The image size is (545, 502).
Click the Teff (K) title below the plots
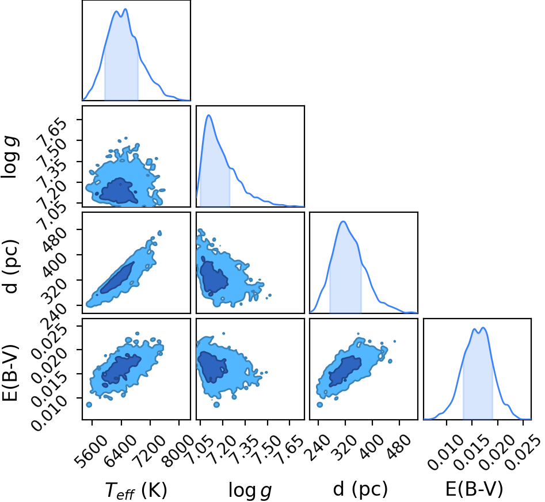click(x=136, y=490)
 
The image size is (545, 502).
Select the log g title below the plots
click(x=250, y=490)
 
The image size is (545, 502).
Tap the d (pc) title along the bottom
click(x=360, y=489)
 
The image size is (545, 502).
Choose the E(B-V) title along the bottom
click(x=474, y=489)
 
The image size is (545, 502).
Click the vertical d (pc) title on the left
click(x=11, y=266)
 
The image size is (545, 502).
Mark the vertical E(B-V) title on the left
click(x=10, y=373)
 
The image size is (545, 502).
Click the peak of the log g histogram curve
click(x=209, y=115)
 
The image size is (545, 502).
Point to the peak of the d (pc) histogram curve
click(x=344, y=221)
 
